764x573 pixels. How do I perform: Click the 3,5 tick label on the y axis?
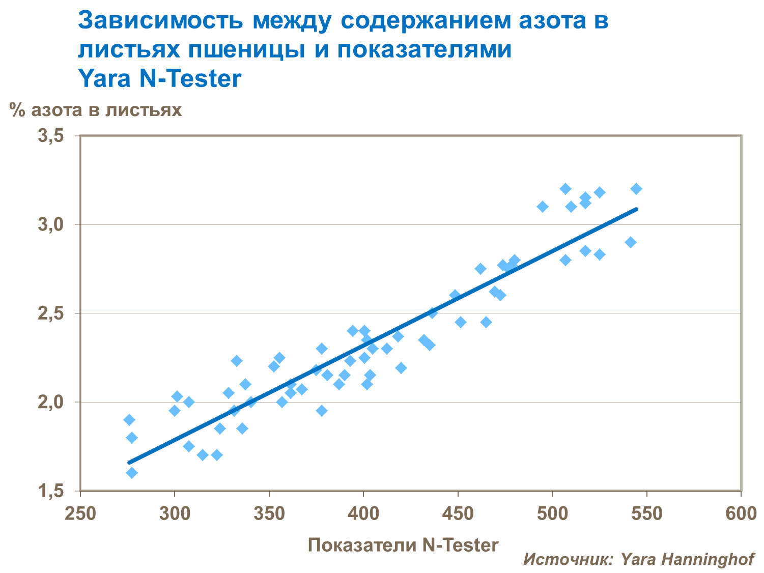click(x=51, y=136)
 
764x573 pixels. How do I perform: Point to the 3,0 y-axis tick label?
click(x=51, y=225)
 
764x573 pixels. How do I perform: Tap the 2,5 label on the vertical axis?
click(x=51, y=313)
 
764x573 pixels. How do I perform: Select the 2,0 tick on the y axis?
click(x=51, y=403)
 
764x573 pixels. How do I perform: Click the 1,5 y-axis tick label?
click(x=51, y=491)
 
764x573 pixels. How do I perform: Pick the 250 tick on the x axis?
click(x=80, y=513)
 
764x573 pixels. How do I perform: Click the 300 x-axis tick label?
click(x=175, y=513)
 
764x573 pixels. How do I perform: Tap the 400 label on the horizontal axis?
click(x=363, y=513)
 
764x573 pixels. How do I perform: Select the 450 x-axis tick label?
click(x=458, y=513)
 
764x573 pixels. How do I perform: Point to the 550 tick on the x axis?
click(x=647, y=513)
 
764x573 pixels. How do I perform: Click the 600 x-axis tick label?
click(x=741, y=513)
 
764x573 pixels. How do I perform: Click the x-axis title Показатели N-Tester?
click(x=403, y=545)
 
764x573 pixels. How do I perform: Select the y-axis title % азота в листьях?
click(x=96, y=110)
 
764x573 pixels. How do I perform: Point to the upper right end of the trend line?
click(x=636, y=209)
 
